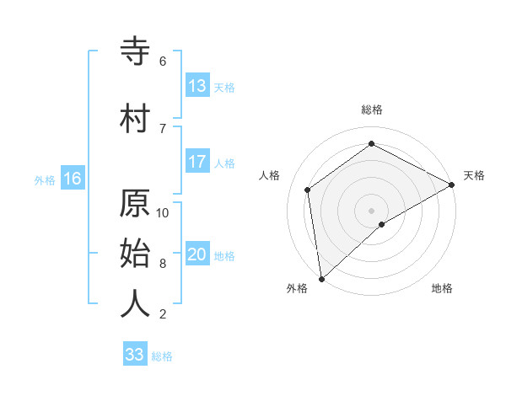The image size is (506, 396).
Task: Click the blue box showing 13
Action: coord(197,86)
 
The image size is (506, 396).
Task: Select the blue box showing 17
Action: coord(197,162)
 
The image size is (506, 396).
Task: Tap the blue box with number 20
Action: coord(197,255)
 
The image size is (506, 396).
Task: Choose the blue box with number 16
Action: coord(73,179)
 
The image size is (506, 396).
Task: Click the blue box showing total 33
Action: coord(135,355)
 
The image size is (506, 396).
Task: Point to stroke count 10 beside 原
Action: coord(163,212)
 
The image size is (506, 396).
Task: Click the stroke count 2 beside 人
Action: coord(163,314)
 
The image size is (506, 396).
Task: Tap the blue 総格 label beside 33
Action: coord(162,356)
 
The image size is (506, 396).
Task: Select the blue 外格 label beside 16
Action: coord(45,180)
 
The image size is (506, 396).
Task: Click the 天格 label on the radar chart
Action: coord(474,175)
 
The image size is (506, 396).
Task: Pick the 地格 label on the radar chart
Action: coord(442,288)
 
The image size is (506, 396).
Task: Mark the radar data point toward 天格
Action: coord(452,185)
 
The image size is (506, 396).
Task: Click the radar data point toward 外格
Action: coord(321,278)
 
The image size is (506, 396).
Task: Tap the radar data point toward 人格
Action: coord(308,190)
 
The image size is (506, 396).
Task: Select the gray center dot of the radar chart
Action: coord(371,210)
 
